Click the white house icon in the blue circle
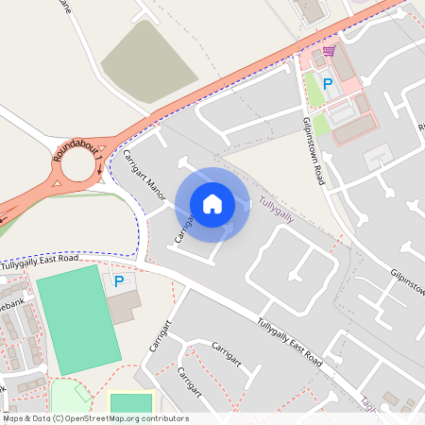[x=212, y=203]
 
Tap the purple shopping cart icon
[x=329, y=51]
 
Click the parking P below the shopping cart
[x=328, y=84]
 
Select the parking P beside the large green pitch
[x=119, y=280]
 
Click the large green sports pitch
[x=79, y=319]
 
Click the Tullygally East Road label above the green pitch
[x=40, y=261]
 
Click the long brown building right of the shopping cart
[x=345, y=65]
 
